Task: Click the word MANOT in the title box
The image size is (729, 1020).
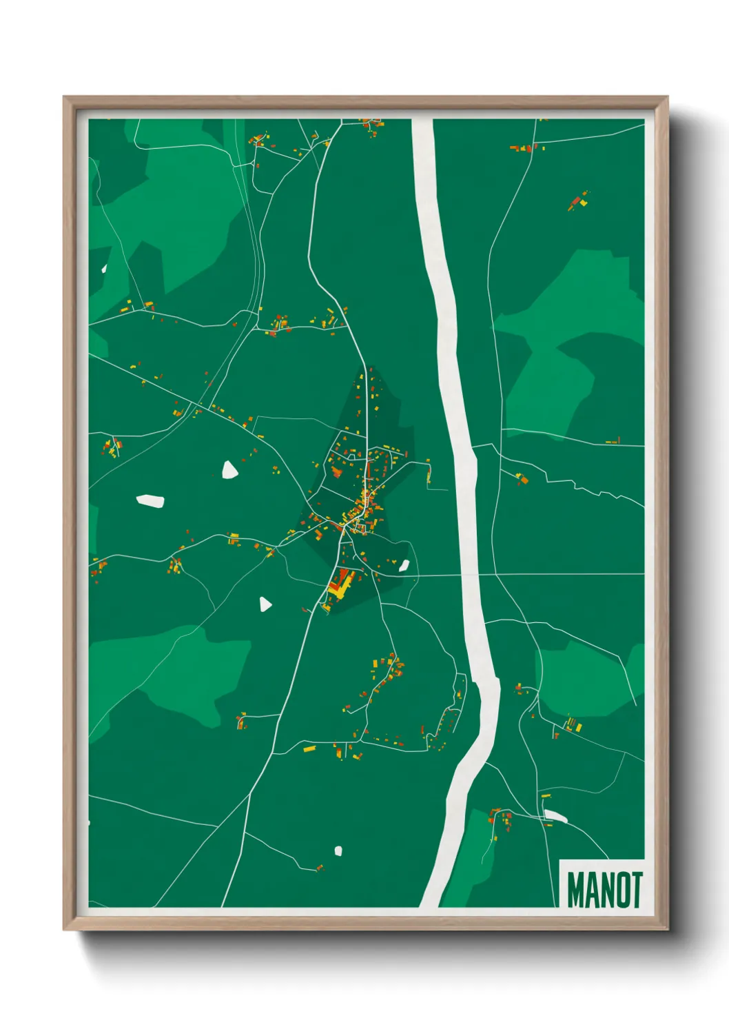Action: click(x=604, y=890)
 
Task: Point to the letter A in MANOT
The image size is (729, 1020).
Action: click(x=592, y=890)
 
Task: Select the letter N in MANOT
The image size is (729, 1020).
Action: click(x=606, y=890)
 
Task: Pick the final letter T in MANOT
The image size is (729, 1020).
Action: click(x=636, y=890)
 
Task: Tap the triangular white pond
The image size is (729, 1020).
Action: click(x=265, y=604)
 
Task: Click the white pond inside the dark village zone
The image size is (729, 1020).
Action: click(x=404, y=567)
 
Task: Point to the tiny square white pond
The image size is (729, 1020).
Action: click(x=338, y=851)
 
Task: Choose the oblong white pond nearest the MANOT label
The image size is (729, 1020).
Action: click(x=555, y=817)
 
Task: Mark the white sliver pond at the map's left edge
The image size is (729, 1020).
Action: click(x=105, y=268)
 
